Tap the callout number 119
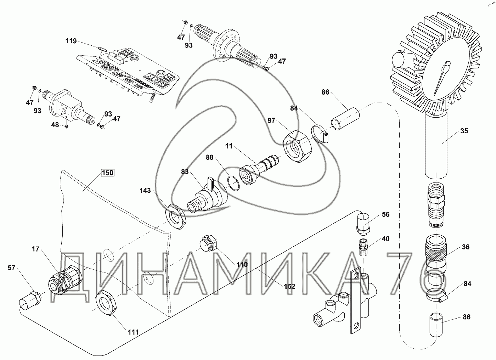(71, 41)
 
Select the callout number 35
(464, 131)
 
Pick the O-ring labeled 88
(232, 183)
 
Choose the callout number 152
(289, 286)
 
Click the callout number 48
(55, 125)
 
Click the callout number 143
(145, 191)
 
